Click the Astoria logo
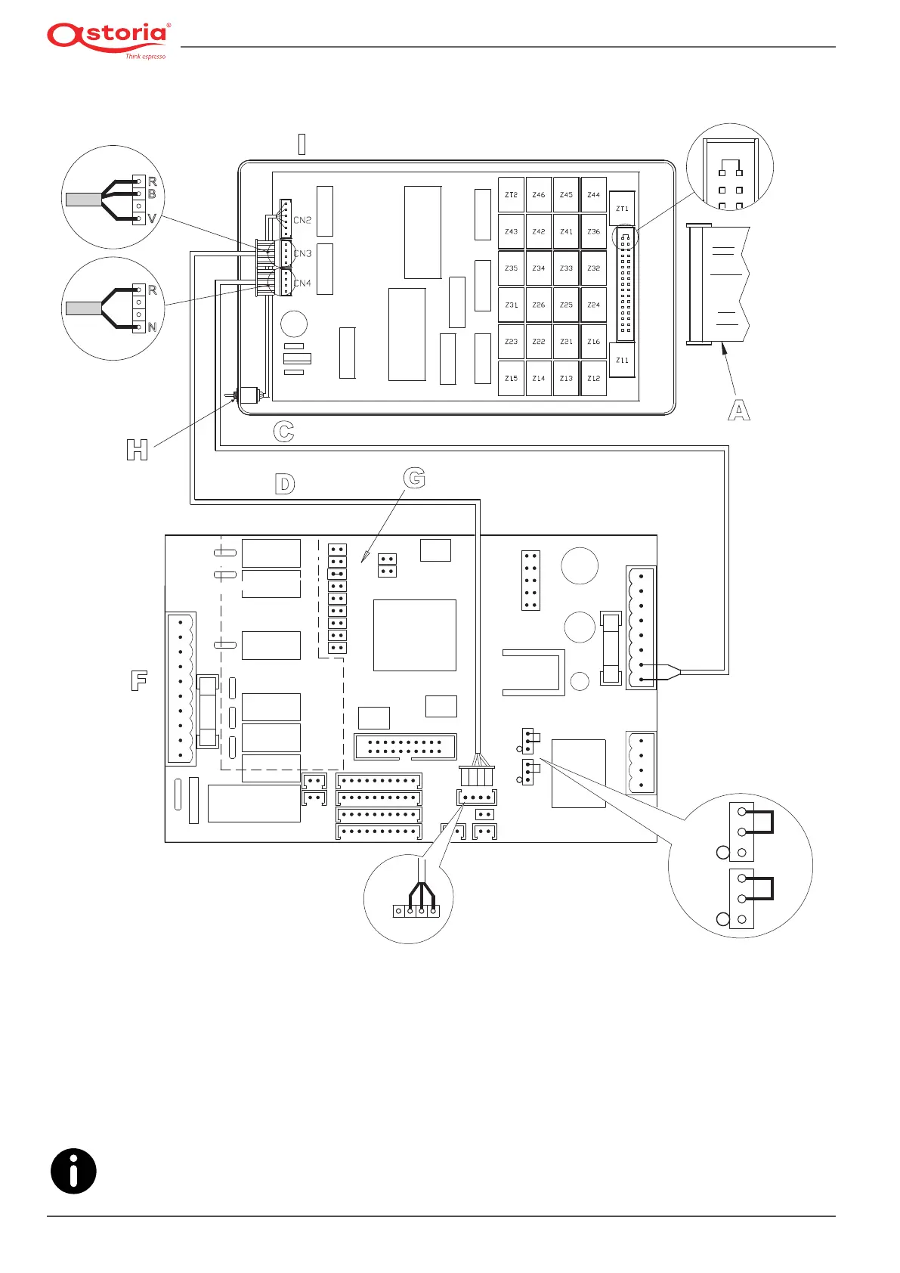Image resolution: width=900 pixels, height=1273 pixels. pyautogui.click(x=108, y=39)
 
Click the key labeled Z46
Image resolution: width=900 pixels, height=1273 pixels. pyautogui.click(x=539, y=195)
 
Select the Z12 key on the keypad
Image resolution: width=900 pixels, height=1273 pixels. pyautogui.click(x=594, y=379)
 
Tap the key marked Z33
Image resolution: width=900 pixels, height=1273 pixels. pyautogui.click(x=566, y=268)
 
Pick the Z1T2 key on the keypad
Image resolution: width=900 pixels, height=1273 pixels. pyautogui.click(x=512, y=195)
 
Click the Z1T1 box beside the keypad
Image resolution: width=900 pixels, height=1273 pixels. pyautogui.click(x=622, y=209)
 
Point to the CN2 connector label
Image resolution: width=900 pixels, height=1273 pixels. pyautogui.click(x=302, y=221)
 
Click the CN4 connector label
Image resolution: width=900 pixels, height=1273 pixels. pyautogui.click(x=302, y=283)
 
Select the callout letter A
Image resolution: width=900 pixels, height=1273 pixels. pyautogui.click(x=738, y=410)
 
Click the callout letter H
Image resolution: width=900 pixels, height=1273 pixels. pyautogui.click(x=137, y=451)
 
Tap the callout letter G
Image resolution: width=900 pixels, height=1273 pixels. pyautogui.click(x=414, y=478)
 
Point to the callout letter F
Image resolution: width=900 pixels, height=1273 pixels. pyautogui.click(x=139, y=680)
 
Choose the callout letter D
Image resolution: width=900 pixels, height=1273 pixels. pyautogui.click(x=284, y=484)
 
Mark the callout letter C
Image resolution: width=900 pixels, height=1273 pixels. pyautogui.click(x=283, y=432)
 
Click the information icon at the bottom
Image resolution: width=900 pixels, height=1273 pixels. pyautogui.click(x=73, y=1171)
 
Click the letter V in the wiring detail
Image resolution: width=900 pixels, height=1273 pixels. pyautogui.click(x=152, y=218)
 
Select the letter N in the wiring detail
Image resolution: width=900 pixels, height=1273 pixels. pyautogui.click(x=152, y=327)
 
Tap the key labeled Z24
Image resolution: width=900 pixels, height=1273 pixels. pyautogui.click(x=594, y=305)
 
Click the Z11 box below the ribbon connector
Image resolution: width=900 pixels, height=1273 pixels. pyautogui.click(x=622, y=361)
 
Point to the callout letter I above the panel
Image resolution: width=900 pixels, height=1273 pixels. pyautogui.click(x=302, y=144)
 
